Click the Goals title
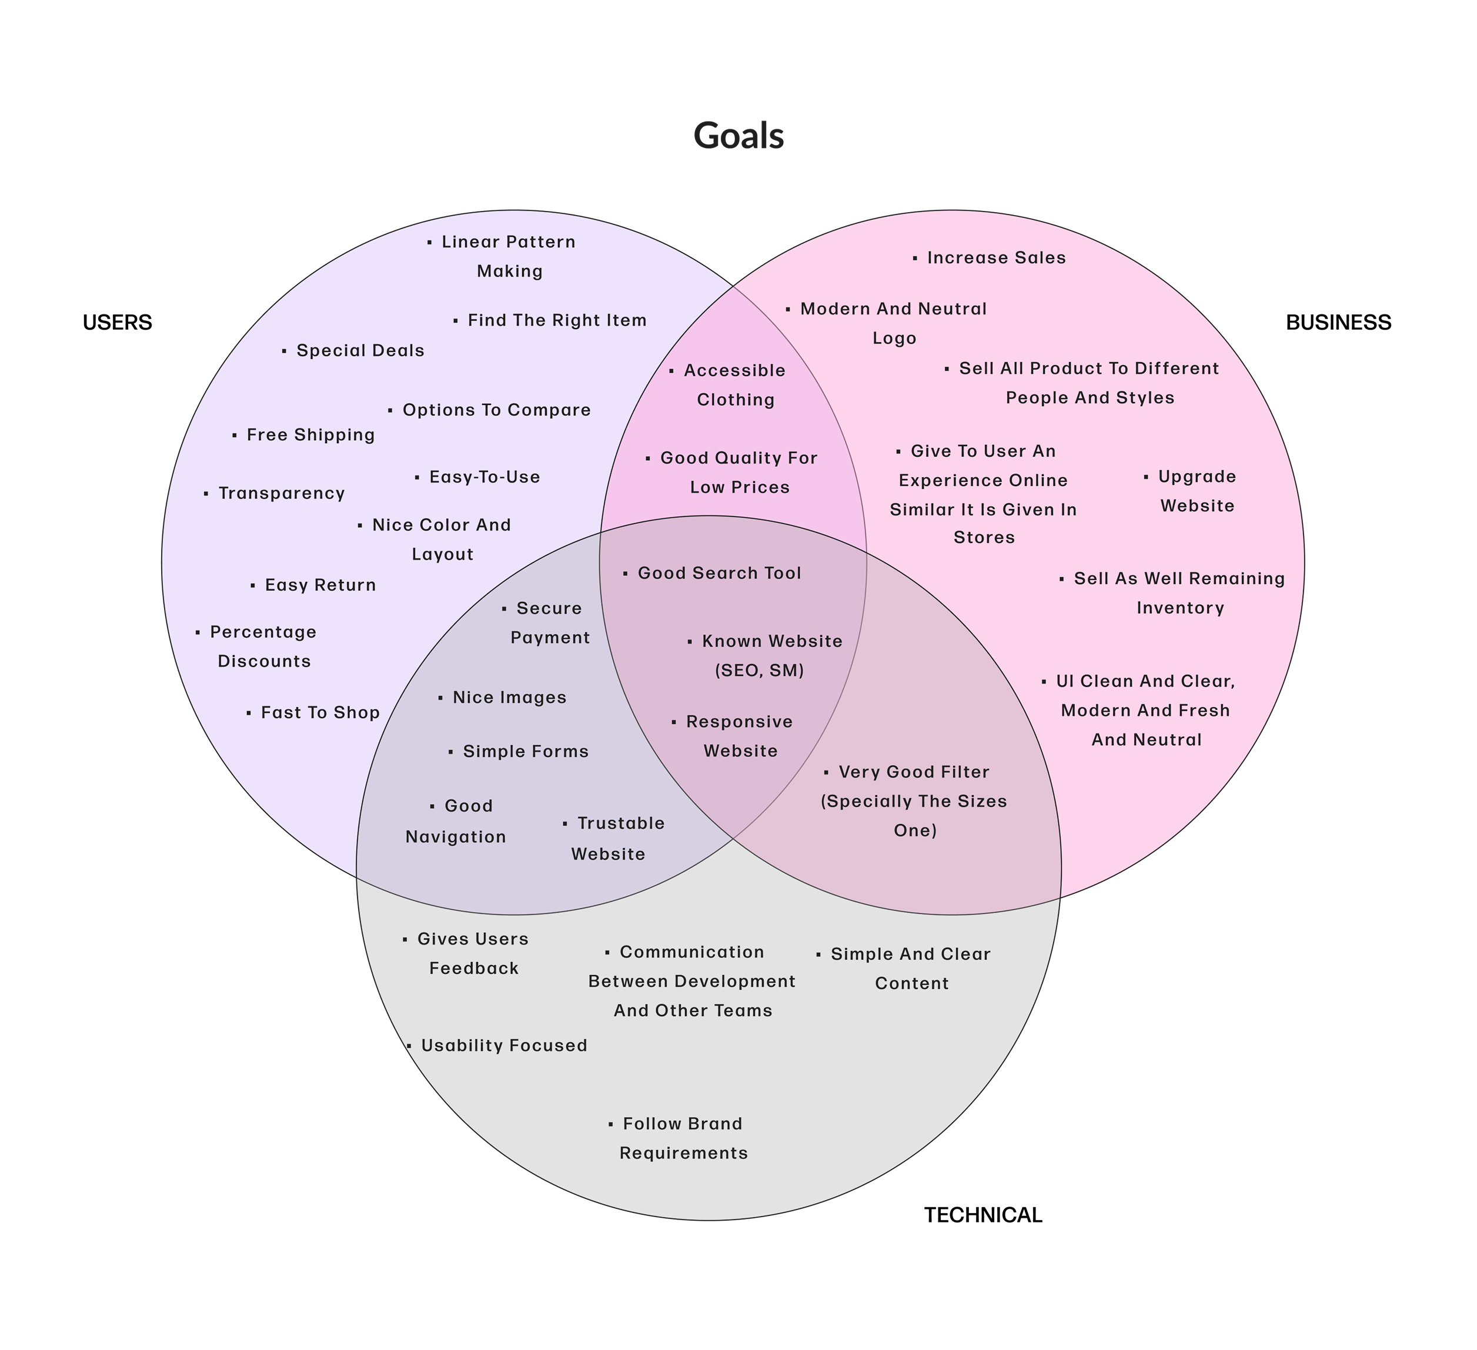(x=738, y=136)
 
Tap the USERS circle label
(x=117, y=322)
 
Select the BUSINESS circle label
(x=1338, y=322)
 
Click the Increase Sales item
(x=995, y=258)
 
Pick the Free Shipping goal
(x=310, y=435)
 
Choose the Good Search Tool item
(x=719, y=573)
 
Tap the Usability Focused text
(x=503, y=1046)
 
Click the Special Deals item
(x=360, y=351)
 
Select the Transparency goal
(x=281, y=493)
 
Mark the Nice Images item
(x=509, y=698)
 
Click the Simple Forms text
(x=525, y=752)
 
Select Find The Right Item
(x=557, y=320)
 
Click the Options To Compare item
(x=496, y=410)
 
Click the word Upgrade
(x=1197, y=477)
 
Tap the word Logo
(x=894, y=339)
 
